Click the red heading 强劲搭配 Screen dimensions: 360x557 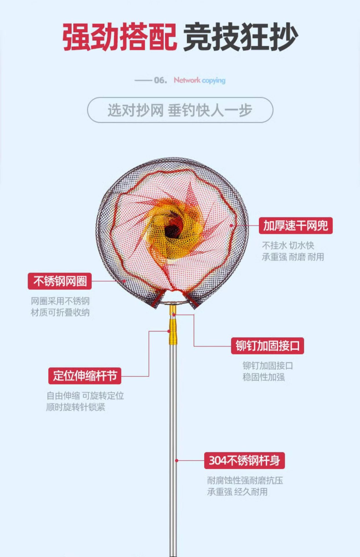[x=119, y=37]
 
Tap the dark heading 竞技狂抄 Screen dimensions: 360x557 [x=240, y=37]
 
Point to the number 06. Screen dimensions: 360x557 [x=160, y=80]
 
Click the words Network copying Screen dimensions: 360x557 [x=199, y=80]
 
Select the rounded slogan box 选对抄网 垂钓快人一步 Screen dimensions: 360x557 [x=180, y=110]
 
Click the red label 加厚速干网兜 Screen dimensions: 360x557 [x=296, y=225]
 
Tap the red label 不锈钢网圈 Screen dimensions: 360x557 [x=60, y=281]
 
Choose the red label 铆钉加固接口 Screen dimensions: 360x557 [x=267, y=346]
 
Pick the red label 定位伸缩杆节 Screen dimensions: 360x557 [x=84, y=376]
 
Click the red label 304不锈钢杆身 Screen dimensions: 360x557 [x=244, y=460]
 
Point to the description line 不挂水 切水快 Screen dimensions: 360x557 [x=288, y=245]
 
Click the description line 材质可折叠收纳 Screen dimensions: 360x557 [x=60, y=312]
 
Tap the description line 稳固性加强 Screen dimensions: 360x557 [x=264, y=377]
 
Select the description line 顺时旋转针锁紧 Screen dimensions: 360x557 [x=75, y=407]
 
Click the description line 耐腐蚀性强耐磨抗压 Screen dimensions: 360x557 [x=245, y=480]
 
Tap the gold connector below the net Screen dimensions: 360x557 [x=173, y=331]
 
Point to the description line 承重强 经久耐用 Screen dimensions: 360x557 [x=237, y=492]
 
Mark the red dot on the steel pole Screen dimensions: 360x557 [x=177, y=460]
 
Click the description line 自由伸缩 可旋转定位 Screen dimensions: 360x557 [x=85, y=396]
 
